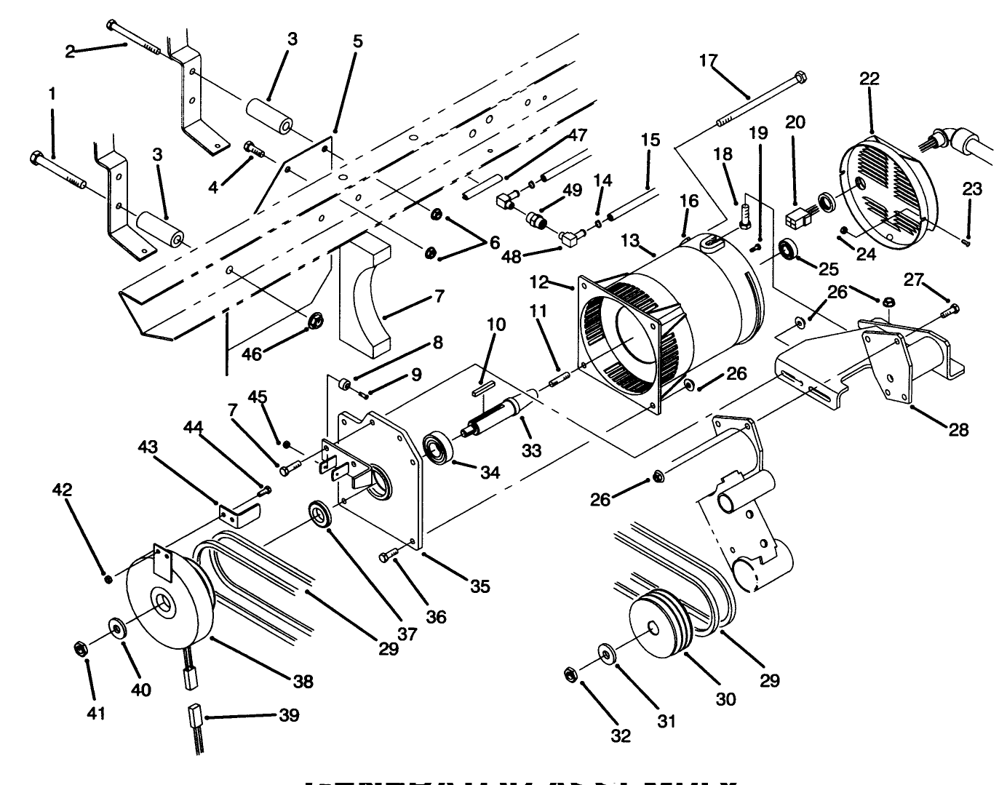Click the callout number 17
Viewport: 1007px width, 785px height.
[708, 60]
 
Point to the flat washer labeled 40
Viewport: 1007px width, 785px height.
[116, 626]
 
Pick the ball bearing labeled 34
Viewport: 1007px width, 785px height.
[439, 447]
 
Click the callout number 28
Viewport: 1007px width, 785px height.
[959, 430]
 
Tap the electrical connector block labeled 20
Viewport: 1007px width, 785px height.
[798, 218]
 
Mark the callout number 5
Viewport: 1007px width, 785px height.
[357, 41]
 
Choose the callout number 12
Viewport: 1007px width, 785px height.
[558, 282]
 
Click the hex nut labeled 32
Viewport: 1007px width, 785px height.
[570, 674]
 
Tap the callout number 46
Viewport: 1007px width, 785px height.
[251, 354]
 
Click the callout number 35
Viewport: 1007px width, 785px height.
[479, 586]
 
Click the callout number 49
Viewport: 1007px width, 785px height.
[573, 191]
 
